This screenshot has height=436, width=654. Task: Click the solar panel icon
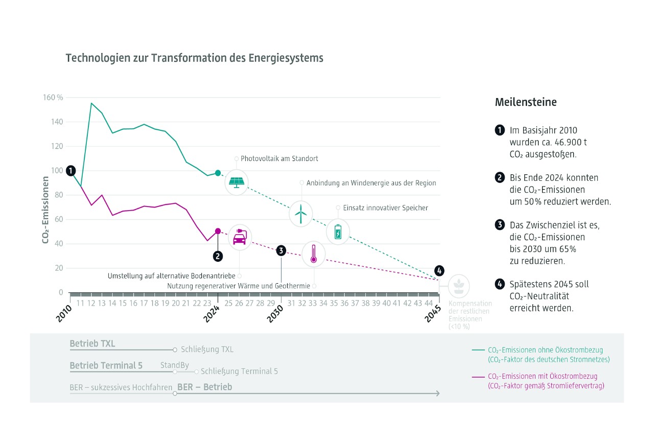click(x=237, y=182)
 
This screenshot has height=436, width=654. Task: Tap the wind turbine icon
click(x=301, y=214)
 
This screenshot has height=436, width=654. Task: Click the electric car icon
click(x=239, y=237)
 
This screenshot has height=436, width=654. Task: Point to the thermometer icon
click(x=313, y=254)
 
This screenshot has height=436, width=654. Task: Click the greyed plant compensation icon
click(x=459, y=286)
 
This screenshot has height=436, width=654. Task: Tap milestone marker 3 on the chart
click(x=281, y=250)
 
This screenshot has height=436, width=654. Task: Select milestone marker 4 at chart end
click(x=439, y=270)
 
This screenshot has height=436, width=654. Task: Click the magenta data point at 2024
click(x=218, y=231)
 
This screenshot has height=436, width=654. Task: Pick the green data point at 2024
click(x=218, y=173)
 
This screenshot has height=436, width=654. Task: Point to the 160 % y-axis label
click(x=53, y=98)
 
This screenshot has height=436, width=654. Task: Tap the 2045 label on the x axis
click(x=434, y=309)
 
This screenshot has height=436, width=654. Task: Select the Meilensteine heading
click(x=526, y=102)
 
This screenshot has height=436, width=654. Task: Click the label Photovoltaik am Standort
click(x=279, y=158)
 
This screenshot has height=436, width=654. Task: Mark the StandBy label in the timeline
click(x=175, y=365)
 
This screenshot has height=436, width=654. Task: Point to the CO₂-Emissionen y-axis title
click(x=45, y=210)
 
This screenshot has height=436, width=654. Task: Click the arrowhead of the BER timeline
click(x=437, y=393)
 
